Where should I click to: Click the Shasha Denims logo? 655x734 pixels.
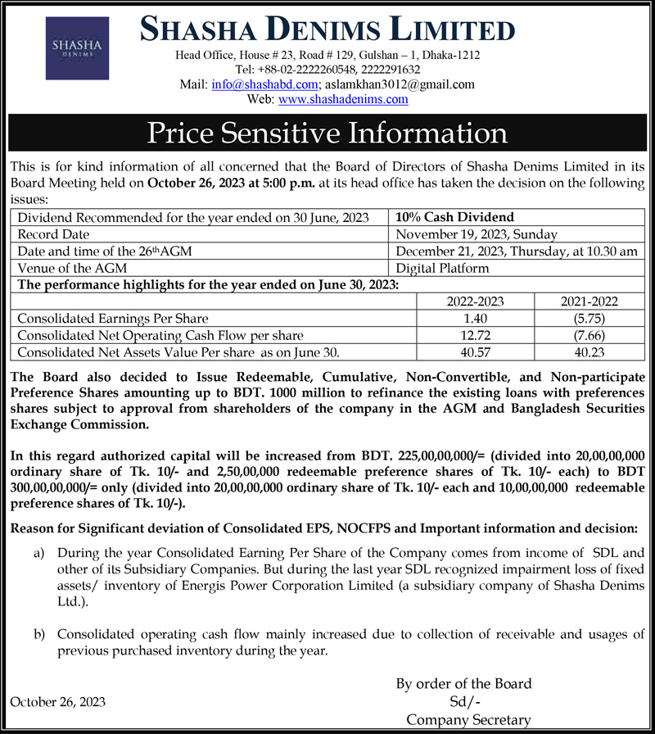click(x=76, y=47)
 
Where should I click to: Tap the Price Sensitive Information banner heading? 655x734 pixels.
click(x=327, y=133)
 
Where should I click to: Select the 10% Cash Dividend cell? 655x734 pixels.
click(x=454, y=217)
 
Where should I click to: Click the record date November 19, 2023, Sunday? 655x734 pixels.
click(x=476, y=234)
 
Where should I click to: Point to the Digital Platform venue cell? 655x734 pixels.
click(x=442, y=268)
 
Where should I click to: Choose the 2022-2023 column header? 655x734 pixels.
click(x=475, y=301)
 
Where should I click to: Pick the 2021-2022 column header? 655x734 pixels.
click(x=589, y=301)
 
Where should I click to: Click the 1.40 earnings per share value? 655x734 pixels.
click(x=475, y=318)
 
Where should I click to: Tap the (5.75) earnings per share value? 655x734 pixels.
click(x=589, y=318)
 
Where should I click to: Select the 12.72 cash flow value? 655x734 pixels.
click(x=475, y=335)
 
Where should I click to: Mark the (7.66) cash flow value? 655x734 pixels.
click(x=589, y=335)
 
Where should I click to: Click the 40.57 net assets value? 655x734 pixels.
click(x=475, y=352)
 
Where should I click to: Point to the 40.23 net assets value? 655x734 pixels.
click(x=589, y=352)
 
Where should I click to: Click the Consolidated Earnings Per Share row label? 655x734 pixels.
click(x=113, y=318)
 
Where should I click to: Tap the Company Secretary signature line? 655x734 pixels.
click(x=468, y=719)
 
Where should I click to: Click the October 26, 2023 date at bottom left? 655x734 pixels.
click(x=57, y=702)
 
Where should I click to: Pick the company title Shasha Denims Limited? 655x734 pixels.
click(x=327, y=30)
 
